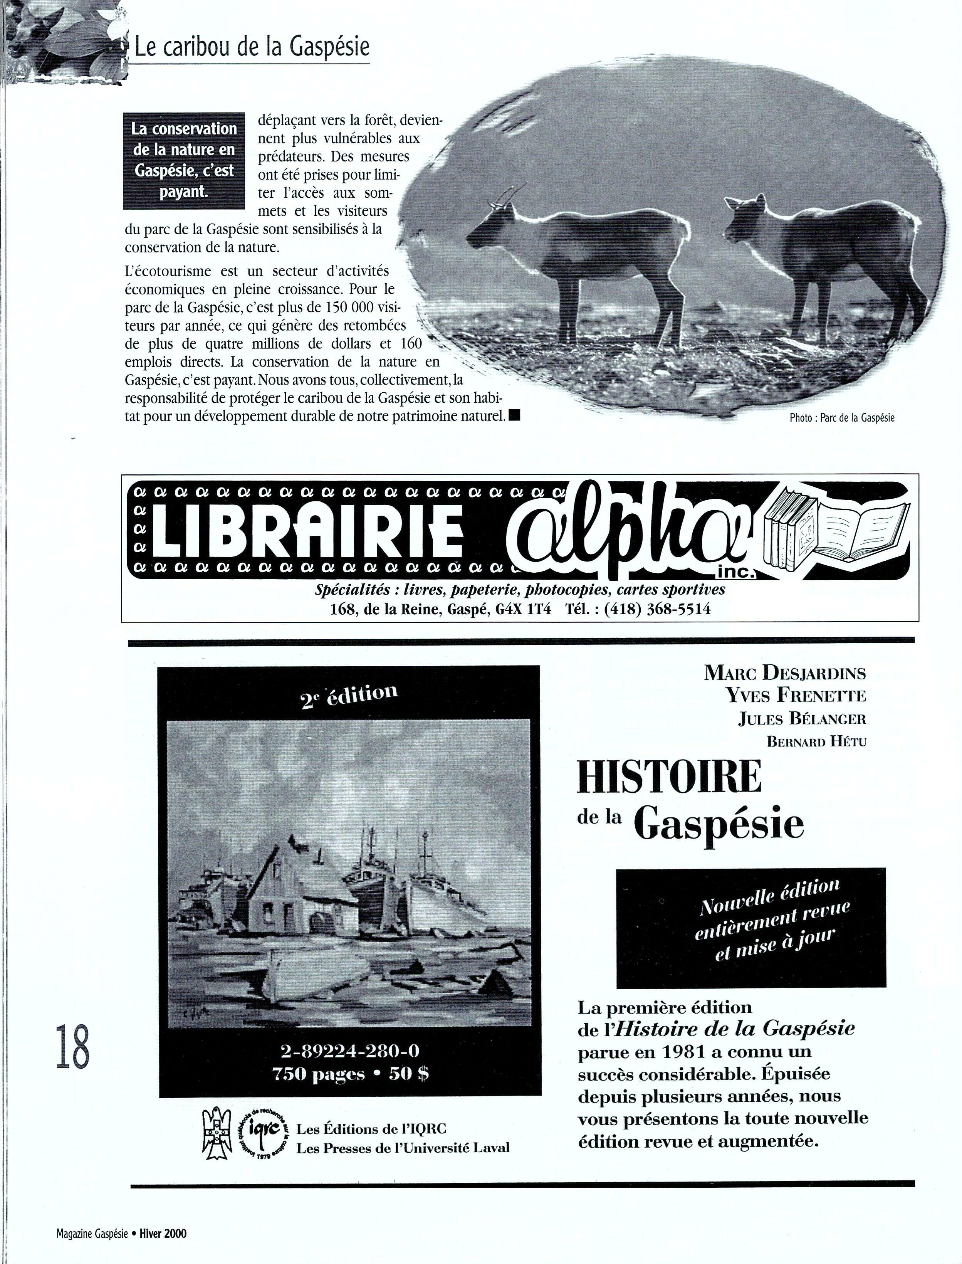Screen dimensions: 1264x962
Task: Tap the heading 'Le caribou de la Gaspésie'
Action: click(x=252, y=47)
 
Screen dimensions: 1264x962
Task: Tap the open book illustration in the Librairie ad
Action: click(x=862, y=530)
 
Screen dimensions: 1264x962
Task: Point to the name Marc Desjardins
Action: click(x=784, y=672)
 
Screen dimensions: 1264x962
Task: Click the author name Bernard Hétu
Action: click(x=816, y=742)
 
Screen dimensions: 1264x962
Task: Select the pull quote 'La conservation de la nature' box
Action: click(x=184, y=160)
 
